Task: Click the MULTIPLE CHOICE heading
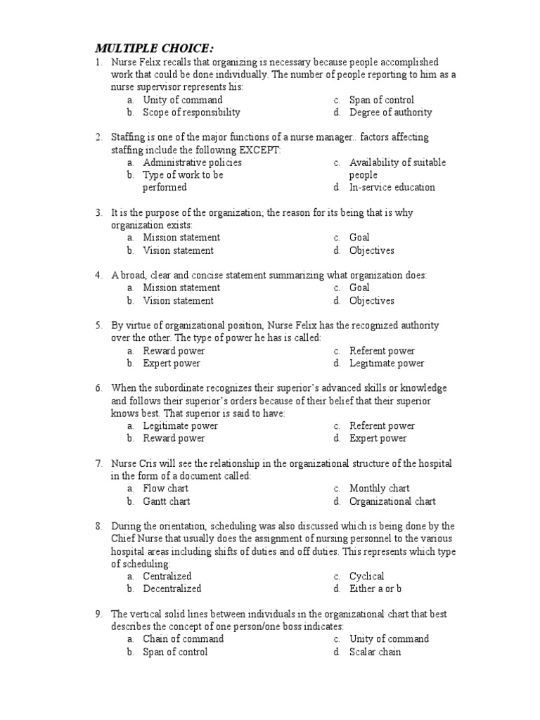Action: (x=154, y=48)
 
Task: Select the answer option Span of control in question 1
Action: (x=381, y=100)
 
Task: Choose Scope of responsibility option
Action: (x=191, y=112)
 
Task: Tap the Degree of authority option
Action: (x=390, y=112)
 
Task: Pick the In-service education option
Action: (x=392, y=188)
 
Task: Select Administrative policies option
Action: (x=192, y=162)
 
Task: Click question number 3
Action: (x=99, y=212)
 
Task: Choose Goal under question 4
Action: (x=359, y=288)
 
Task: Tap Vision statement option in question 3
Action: (x=178, y=250)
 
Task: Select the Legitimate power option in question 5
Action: (x=387, y=364)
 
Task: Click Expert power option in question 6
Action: (x=378, y=439)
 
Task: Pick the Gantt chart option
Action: (x=167, y=501)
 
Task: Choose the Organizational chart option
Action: (x=392, y=501)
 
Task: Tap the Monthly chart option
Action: (x=380, y=489)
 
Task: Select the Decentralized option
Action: (x=172, y=589)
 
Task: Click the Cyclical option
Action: (x=366, y=577)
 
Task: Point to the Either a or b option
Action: (x=375, y=589)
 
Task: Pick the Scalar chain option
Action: (x=375, y=652)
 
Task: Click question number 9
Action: (x=99, y=614)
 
